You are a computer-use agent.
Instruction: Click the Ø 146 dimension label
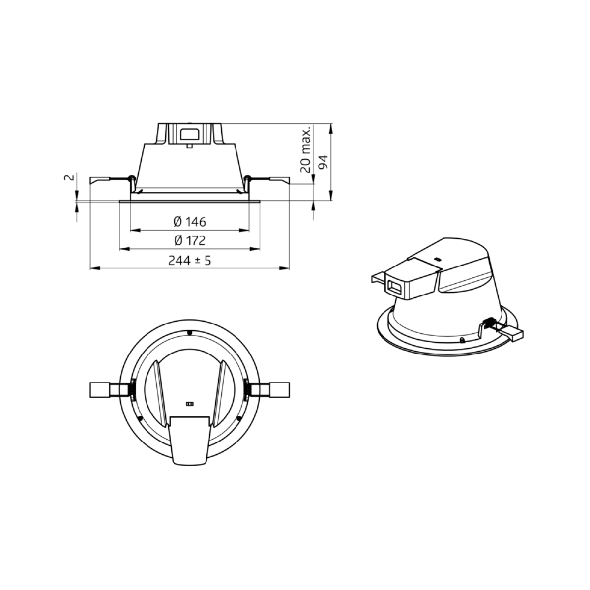tap(189, 222)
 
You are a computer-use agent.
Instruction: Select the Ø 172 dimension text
tap(189, 240)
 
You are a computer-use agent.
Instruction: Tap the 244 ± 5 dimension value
tap(189, 261)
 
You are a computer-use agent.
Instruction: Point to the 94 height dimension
tap(324, 162)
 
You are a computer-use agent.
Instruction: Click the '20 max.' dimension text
tap(305, 150)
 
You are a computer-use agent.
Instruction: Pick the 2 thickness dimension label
tap(69, 177)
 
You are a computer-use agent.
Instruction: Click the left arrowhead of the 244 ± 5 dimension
tap(95, 268)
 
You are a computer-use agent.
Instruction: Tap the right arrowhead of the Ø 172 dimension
tap(255, 249)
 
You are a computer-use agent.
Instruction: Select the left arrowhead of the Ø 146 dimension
tap(135, 230)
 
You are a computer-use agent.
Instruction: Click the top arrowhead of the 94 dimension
tap(331, 129)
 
